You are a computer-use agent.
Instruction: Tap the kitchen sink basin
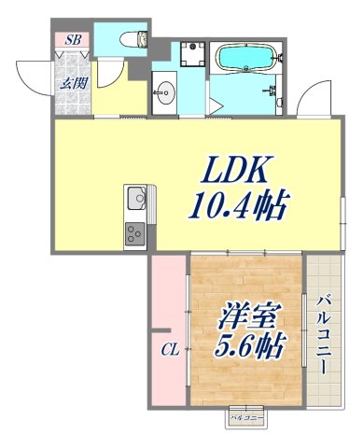[136, 198]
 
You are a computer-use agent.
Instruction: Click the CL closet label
[169, 351]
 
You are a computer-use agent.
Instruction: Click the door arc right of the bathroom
[314, 98]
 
